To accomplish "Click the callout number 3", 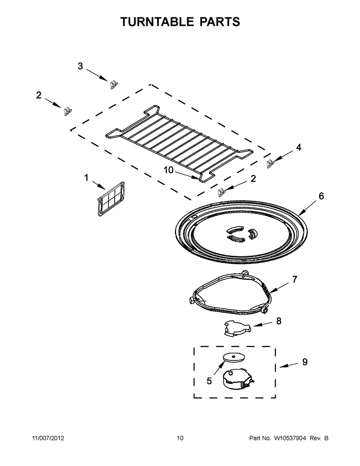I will pyautogui.click(x=80, y=66).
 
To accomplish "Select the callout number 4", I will pyautogui.click(x=299, y=148).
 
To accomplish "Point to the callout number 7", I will pyautogui.click(x=295, y=279).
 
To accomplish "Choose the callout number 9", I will pyautogui.click(x=304, y=362).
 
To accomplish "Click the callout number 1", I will pyautogui.click(x=86, y=178).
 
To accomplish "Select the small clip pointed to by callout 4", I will pyautogui.click(x=272, y=164).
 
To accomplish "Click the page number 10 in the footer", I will pyautogui.click(x=180, y=438).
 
